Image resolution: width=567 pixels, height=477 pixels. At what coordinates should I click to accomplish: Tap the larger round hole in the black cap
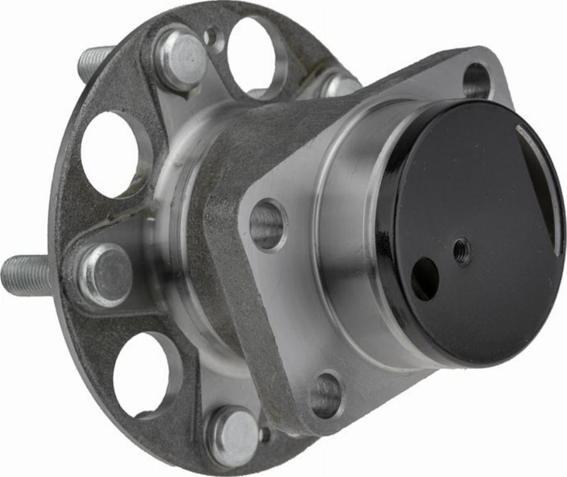pos(425,278)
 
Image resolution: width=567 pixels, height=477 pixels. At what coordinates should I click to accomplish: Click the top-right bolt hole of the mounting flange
pos(477,81)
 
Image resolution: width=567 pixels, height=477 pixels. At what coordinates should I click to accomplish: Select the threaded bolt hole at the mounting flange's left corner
pos(268,225)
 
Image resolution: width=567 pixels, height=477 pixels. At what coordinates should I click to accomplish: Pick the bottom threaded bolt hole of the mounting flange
pos(327,396)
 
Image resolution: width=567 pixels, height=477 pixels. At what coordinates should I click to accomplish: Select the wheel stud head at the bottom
pos(233,437)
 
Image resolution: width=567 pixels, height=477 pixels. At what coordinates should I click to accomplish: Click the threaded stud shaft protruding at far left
pos(25,276)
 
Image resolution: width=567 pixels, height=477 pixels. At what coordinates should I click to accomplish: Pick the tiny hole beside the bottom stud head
pos(265,434)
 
